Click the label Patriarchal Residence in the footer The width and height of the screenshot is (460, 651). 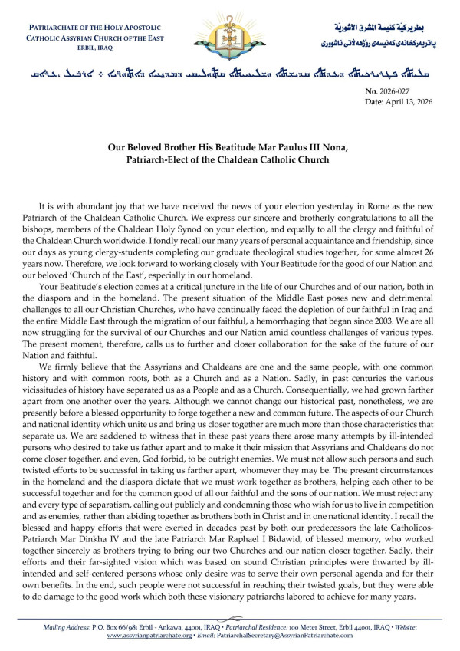[231, 627]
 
